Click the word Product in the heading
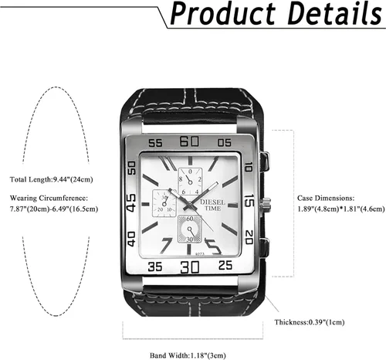(223, 13)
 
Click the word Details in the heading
(334, 12)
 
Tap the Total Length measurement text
(52, 179)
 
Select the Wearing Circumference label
(49, 198)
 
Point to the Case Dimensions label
(326, 198)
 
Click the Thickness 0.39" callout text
(310, 322)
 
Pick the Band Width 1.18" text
(188, 355)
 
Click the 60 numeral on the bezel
(189, 141)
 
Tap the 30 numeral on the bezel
(190, 267)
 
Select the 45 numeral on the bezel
(131, 203)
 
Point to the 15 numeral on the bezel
(249, 201)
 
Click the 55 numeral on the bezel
(155, 143)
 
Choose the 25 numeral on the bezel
(225, 265)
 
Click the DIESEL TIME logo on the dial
(212, 205)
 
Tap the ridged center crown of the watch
(266, 205)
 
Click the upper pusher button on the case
(265, 161)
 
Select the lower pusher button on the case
(265, 247)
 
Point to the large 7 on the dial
(166, 246)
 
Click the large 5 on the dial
(212, 246)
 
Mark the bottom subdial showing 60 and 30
(190, 229)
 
